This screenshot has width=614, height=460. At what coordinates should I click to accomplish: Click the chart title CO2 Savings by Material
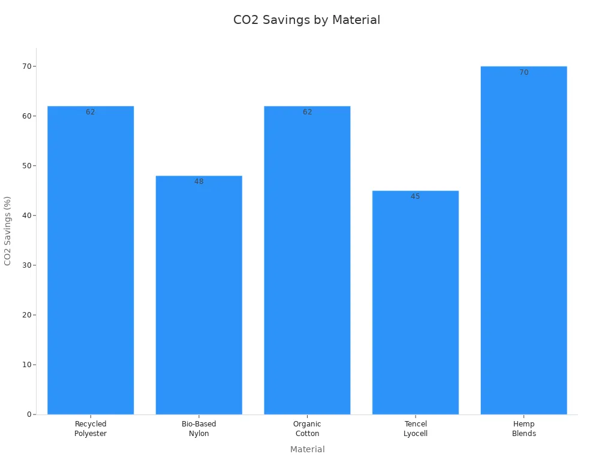[306, 20]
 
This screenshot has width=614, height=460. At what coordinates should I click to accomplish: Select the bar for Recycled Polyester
[91, 261]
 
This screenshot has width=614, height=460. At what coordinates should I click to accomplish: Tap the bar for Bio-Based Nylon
[199, 295]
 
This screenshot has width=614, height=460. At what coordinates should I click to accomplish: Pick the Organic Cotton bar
[307, 261]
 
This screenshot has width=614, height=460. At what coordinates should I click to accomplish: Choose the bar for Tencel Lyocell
[416, 302]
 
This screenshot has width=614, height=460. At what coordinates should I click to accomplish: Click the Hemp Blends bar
[524, 240]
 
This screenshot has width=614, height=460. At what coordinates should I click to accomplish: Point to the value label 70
[524, 72]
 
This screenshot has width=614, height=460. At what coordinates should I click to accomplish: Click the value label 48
[199, 181]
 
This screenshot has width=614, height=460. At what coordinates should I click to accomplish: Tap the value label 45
[416, 196]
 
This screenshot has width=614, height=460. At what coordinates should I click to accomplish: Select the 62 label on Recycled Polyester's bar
[91, 112]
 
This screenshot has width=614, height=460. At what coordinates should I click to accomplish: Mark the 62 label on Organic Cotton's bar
[307, 112]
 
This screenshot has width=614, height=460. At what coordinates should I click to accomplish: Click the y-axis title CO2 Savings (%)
[8, 231]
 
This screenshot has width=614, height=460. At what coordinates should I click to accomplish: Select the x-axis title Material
[307, 449]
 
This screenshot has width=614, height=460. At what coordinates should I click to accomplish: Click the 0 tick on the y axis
[29, 414]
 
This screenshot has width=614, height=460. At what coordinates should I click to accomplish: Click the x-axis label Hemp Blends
[524, 429]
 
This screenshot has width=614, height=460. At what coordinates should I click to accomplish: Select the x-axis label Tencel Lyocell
[416, 429]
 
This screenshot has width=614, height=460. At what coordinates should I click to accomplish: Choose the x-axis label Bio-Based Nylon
[199, 429]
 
